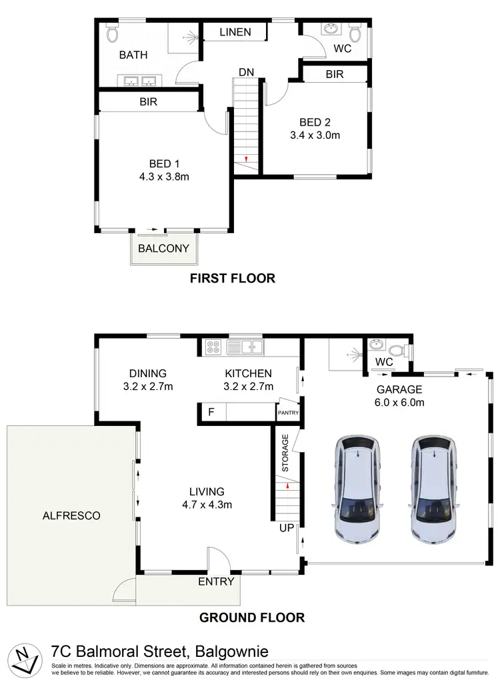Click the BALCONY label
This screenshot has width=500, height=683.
(x=163, y=248)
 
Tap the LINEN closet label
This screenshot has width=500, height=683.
(x=235, y=32)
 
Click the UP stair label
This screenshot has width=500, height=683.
(x=286, y=527)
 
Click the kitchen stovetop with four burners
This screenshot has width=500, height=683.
(x=214, y=347)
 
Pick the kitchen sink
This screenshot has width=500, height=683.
(x=245, y=346)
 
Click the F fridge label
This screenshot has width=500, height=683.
(x=211, y=412)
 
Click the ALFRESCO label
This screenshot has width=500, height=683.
(x=71, y=515)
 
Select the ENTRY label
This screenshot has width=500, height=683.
(x=216, y=582)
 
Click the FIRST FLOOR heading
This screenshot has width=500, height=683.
(x=233, y=278)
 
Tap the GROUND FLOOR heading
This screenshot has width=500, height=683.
(x=252, y=618)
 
